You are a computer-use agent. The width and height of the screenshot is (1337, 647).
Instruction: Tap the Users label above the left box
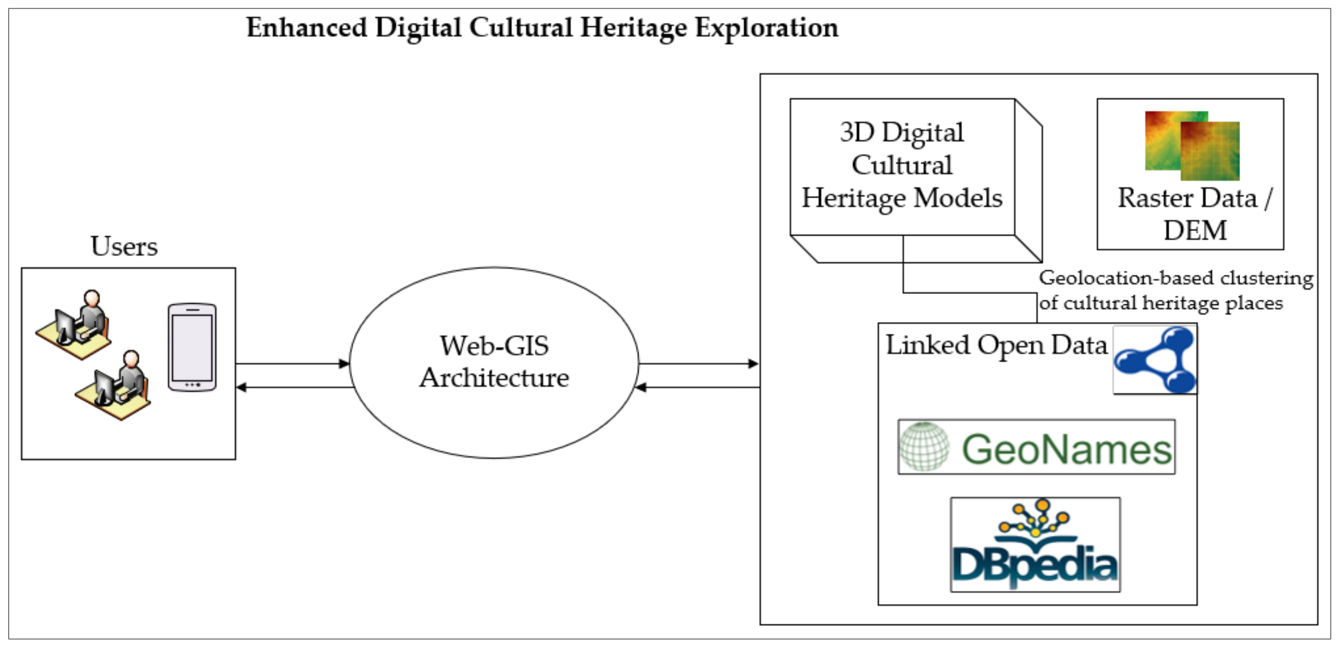pyautogui.click(x=124, y=247)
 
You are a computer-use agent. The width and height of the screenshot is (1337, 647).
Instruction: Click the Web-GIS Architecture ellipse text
pyautogui.click(x=494, y=362)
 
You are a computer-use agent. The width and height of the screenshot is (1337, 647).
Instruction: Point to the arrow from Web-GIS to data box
pyautogui.click(x=699, y=364)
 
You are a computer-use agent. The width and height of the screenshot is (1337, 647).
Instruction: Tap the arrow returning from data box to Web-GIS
pyautogui.click(x=699, y=387)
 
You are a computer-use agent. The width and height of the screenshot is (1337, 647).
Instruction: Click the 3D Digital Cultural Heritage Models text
pyautogui.click(x=902, y=165)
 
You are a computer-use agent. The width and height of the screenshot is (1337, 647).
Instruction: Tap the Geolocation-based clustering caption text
pyautogui.click(x=1175, y=291)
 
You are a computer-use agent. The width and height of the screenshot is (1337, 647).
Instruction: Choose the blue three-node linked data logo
pyautogui.click(x=1155, y=359)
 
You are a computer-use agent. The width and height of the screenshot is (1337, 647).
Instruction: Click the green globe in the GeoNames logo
pyautogui.click(x=924, y=447)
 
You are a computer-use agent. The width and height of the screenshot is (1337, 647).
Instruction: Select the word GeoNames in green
pyautogui.click(x=1067, y=449)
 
